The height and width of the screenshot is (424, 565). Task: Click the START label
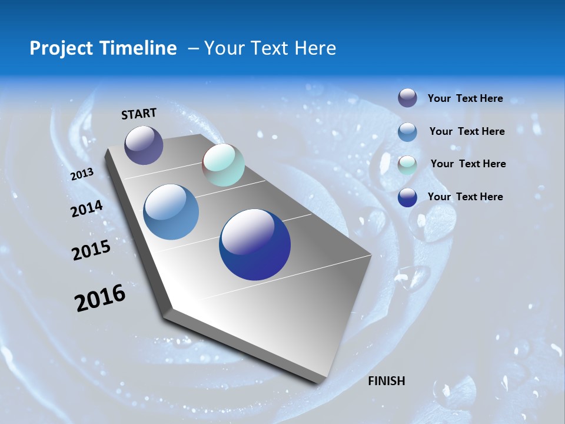pos(139,114)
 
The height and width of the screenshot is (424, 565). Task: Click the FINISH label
pos(386,381)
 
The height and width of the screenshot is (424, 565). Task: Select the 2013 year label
pos(82,174)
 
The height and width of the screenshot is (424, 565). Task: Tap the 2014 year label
pos(87,208)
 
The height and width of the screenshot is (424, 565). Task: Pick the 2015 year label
pos(91,250)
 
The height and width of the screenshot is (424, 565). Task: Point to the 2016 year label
pos(100,297)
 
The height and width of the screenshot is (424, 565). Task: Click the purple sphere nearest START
pos(144,145)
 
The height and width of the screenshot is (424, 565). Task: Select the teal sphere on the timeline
pos(223,165)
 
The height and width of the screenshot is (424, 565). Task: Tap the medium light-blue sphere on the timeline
pos(171,212)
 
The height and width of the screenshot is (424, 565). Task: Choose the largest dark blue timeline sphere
pos(255,244)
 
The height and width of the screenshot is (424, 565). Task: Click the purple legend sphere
pos(407,98)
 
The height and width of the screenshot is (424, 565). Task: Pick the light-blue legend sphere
pos(407,132)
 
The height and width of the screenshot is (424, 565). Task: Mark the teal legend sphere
pos(407,164)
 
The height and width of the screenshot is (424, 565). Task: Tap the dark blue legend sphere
pos(407,197)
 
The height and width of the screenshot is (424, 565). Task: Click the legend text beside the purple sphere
pos(465,98)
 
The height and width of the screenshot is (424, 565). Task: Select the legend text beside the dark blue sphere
pos(465,197)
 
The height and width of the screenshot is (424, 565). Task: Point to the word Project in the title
pos(59,48)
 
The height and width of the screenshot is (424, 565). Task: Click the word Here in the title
pos(315,48)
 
